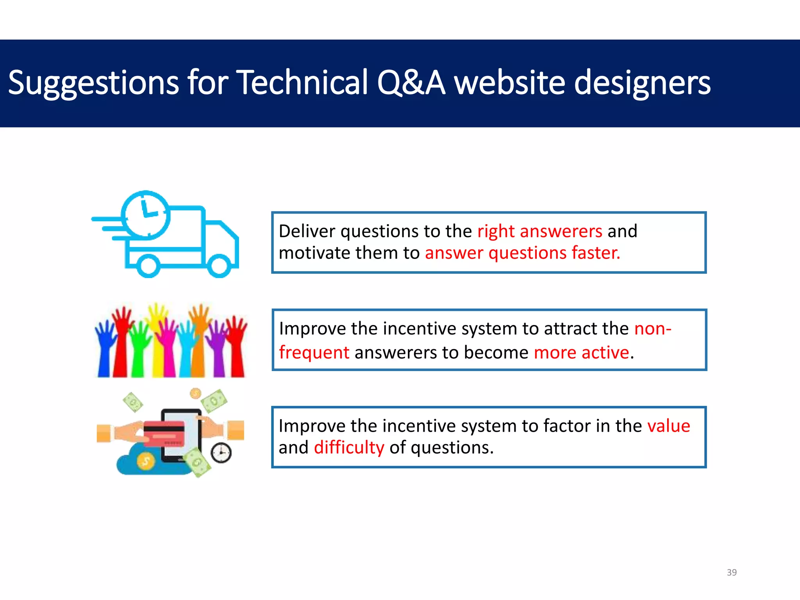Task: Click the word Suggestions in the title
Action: tap(93, 83)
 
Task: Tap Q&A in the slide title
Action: tap(411, 82)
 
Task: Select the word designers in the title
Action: tap(642, 83)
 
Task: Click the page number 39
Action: tap(732, 572)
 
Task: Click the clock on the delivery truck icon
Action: tap(146, 215)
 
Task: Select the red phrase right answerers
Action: tap(539, 231)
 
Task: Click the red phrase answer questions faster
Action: tap(522, 253)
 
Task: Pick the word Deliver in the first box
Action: tap(307, 231)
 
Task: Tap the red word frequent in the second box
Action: tap(314, 353)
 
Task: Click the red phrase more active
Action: tap(581, 353)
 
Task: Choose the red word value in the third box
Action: tap(668, 426)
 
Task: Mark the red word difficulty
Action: tap(349, 448)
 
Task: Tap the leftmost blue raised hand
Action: tap(104, 348)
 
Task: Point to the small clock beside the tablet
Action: tap(221, 453)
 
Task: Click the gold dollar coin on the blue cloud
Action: tap(146, 461)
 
